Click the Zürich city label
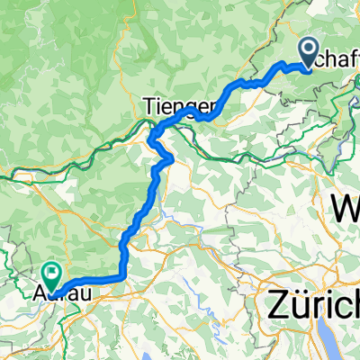(311, 306)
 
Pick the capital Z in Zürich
(276, 306)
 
